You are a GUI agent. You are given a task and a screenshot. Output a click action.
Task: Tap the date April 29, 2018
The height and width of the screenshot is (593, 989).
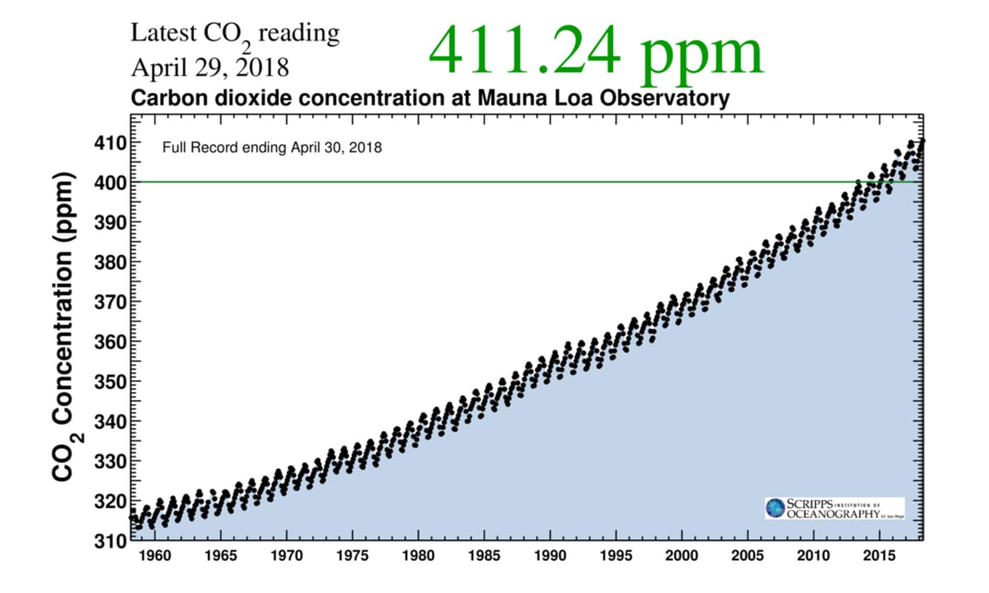click(210, 68)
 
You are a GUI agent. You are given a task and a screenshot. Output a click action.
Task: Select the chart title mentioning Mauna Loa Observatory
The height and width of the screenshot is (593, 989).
click(430, 98)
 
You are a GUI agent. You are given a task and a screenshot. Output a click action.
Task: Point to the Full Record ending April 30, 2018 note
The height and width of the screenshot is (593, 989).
click(272, 147)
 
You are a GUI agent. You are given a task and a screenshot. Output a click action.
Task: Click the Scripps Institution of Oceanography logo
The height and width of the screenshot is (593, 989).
click(834, 508)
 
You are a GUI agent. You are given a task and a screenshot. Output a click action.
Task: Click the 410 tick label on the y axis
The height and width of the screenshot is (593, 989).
click(110, 143)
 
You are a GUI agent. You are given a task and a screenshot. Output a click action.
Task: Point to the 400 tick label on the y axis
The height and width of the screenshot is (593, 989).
click(110, 182)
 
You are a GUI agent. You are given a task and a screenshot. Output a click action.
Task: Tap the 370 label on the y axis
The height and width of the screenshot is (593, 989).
click(110, 302)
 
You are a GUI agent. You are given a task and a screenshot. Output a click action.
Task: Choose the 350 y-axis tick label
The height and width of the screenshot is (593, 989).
click(110, 382)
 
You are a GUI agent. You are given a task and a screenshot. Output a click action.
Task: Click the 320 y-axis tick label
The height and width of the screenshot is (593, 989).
click(110, 501)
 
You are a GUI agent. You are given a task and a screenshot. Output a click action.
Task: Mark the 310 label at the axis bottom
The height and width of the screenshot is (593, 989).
click(110, 540)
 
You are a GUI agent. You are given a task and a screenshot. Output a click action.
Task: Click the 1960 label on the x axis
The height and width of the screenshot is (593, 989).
click(155, 555)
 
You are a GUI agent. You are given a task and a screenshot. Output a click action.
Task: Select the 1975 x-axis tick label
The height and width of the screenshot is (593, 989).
click(352, 555)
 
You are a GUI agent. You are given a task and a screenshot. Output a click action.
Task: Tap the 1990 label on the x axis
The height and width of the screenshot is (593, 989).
click(550, 555)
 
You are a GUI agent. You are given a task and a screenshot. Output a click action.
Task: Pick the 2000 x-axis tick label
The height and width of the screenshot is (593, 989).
click(681, 555)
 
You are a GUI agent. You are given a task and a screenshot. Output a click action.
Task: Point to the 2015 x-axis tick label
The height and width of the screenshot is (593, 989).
click(879, 555)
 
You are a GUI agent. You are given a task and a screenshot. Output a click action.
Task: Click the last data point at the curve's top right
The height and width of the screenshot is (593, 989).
click(922, 141)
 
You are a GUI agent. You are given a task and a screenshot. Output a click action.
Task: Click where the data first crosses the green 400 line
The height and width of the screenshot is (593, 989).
click(858, 182)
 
